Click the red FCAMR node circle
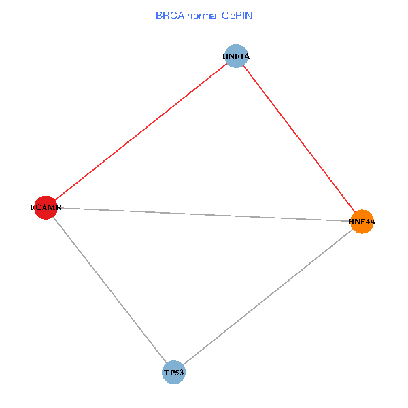pyautogui.click(x=45, y=207)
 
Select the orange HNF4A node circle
pyautogui.click(x=362, y=221)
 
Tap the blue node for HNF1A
pyautogui.click(x=236, y=56)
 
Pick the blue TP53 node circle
pyautogui.click(x=173, y=372)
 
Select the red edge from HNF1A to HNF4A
pyautogui.click(x=299, y=139)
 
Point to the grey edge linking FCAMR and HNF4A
pyautogui.click(x=204, y=214)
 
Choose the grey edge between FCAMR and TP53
pyautogui.click(x=109, y=290)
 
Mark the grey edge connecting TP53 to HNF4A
pyautogui.click(x=268, y=296)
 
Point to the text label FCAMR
pyautogui.click(x=46, y=207)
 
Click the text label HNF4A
pyautogui.click(x=362, y=221)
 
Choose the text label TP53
pyautogui.click(x=173, y=372)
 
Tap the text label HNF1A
pyautogui.click(x=236, y=56)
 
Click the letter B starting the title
pyautogui.click(x=158, y=15)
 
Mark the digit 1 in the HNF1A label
pyautogui.click(x=241, y=56)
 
